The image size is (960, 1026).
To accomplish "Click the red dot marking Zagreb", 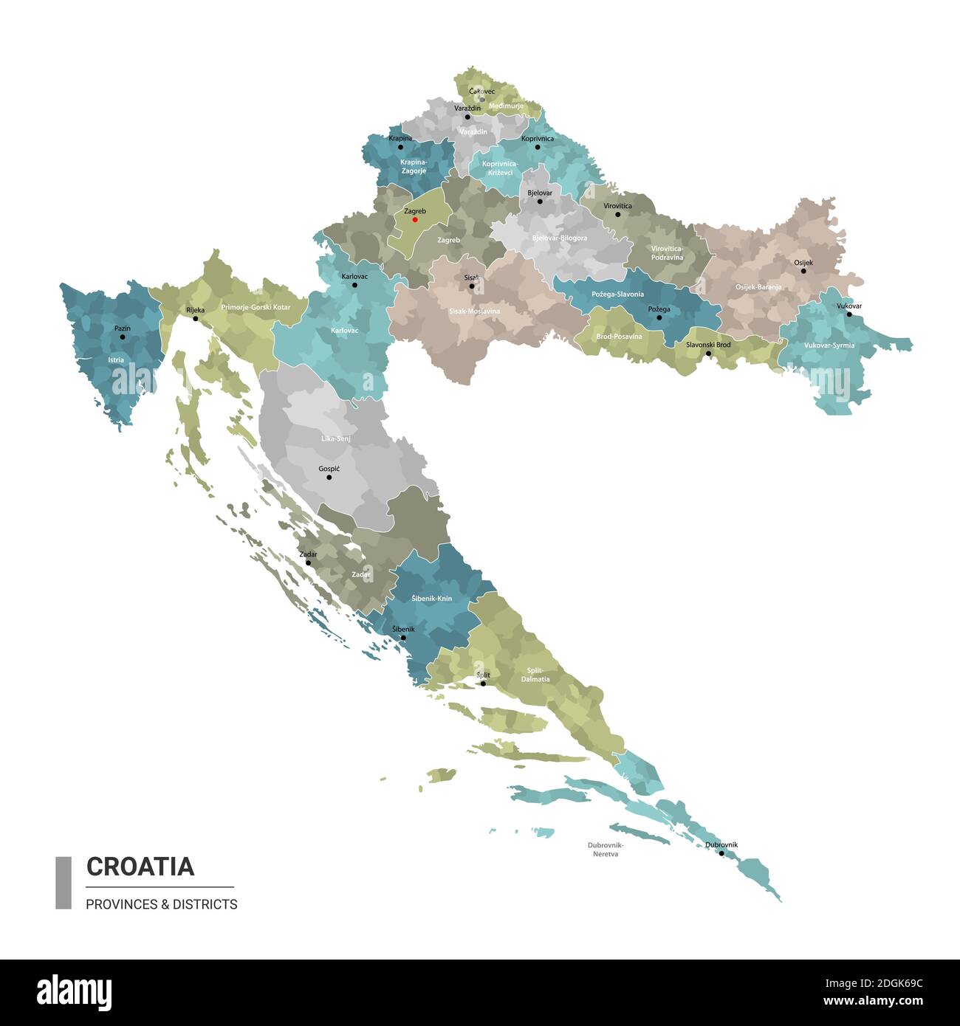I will (x=415, y=219).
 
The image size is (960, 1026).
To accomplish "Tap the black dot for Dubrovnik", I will (x=721, y=853).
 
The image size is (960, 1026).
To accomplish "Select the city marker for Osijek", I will (x=803, y=271).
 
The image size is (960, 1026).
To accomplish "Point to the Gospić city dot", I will (x=329, y=477).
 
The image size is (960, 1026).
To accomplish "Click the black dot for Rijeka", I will (x=196, y=318).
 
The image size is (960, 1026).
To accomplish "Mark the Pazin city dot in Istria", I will (x=123, y=337).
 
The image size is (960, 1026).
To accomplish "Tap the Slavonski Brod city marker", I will (x=708, y=354).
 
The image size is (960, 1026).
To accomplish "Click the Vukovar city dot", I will (x=849, y=314).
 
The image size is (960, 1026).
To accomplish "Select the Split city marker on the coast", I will (x=483, y=684).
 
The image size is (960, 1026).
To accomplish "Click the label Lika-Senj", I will (x=335, y=438).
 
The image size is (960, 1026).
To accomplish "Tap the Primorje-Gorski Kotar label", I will (x=256, y=307).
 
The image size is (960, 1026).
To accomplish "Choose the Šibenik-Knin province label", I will (x=432, y=599).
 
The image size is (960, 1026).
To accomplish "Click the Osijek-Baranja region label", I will (x=758, y=287).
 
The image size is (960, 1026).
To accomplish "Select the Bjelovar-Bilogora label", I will (x=560, y=238).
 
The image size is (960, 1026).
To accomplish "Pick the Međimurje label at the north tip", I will (x=506, y=106).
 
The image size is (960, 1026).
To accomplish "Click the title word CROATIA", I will (x=140, y=866).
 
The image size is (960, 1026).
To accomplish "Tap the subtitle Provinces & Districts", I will (x=162, y=904).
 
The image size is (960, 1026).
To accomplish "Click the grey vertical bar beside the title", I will (x=64, y=882).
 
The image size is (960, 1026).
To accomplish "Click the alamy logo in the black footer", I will (x=74, y=992).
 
